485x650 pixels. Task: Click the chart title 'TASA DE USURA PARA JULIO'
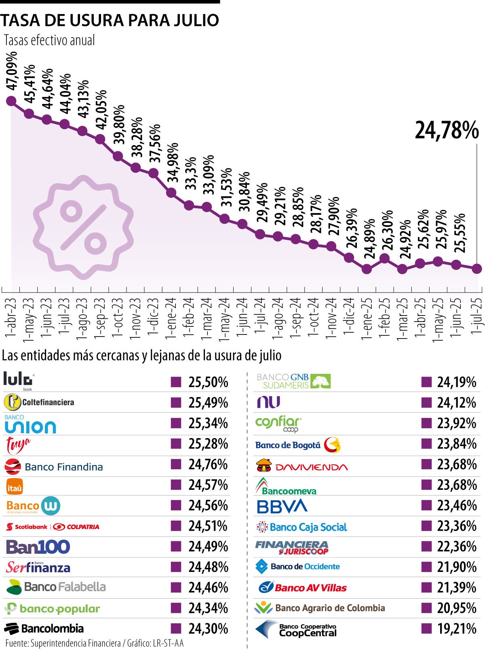110,20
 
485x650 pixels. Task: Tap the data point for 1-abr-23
11,101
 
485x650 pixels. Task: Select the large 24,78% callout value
447,130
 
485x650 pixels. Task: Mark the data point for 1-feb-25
384,258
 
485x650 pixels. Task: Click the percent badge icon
83,227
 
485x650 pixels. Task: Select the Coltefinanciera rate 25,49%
208,403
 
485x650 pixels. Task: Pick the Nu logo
269,402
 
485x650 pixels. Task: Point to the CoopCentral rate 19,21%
457,629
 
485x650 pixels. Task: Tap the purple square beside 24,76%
176,464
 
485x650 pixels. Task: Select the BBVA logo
282,506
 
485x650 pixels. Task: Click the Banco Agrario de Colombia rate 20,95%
457,608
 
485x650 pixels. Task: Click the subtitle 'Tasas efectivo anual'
49,40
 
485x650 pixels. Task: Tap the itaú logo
15,487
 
